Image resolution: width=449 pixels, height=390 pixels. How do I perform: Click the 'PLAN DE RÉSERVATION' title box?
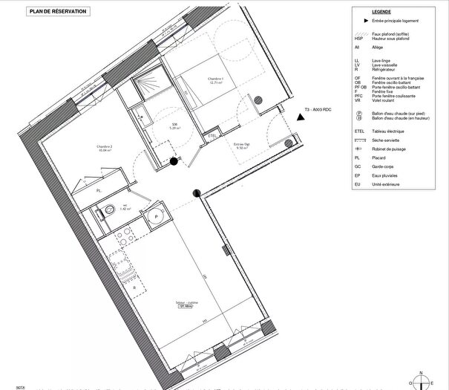(58, 12)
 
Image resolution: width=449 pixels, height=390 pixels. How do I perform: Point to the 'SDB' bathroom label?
(175, 124)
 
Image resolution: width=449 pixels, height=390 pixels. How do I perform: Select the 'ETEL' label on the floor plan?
(212, 136)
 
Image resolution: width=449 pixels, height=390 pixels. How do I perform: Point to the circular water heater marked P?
(157, 215)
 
